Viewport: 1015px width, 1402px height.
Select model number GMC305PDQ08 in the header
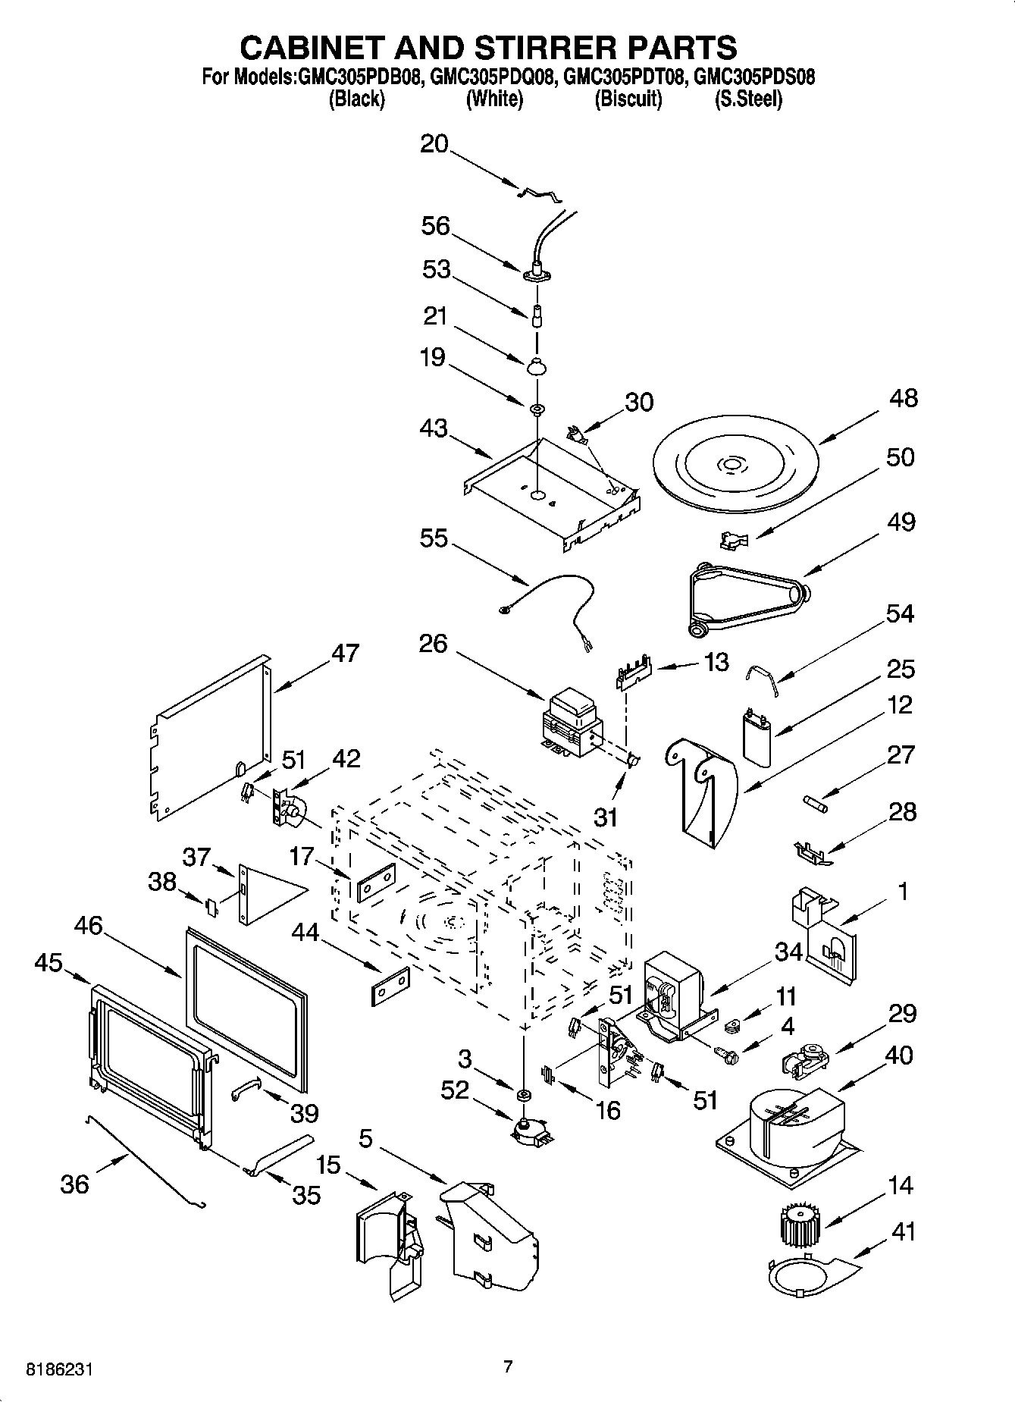(x=493, y=77)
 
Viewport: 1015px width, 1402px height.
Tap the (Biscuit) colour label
(x=628, y=99)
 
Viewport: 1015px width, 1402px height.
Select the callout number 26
(x=433, y=644)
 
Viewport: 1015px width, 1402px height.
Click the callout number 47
(x=345, y=653)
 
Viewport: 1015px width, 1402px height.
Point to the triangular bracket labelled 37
(x=265, y=892)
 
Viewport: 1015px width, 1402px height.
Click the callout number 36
(x=74, y=1184)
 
